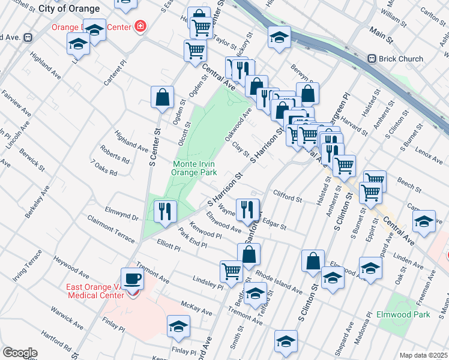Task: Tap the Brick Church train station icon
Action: tap(372, 59)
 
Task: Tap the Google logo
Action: tap(20, 353)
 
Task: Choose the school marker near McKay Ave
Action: tap(178, 327)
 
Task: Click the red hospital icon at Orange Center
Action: tap(140, 26)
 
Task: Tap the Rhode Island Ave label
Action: tap(279, 281)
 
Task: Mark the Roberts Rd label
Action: tap(114, 156)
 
